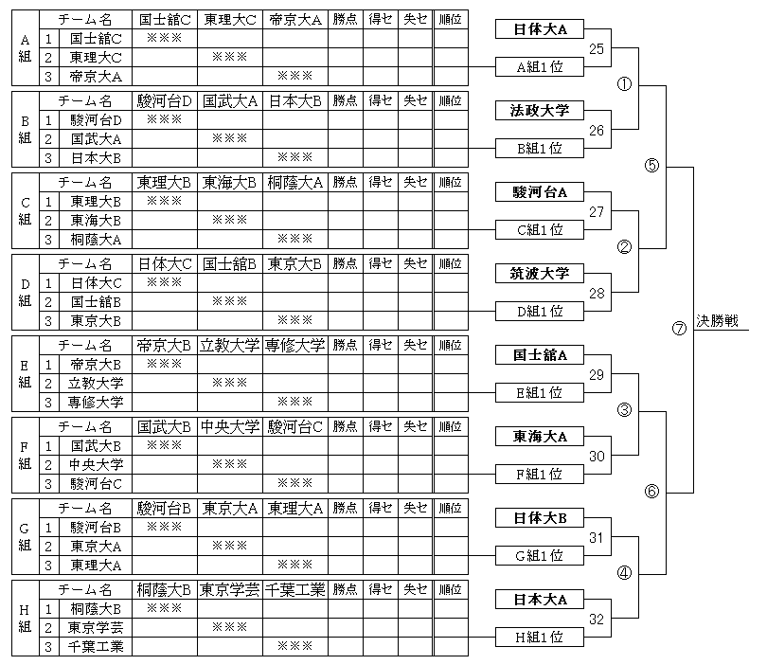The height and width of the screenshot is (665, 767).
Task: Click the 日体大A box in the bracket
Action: (x=540, y=28)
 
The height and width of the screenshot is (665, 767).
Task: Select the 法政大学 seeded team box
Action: (x=540, y=110)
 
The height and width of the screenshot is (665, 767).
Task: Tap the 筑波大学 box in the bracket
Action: (x=540, y=273)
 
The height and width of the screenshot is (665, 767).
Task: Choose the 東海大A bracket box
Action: (x=540, y=436)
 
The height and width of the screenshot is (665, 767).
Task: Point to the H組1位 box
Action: (x=540, y=638)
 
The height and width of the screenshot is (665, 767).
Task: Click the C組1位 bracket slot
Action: (x=540, y=229)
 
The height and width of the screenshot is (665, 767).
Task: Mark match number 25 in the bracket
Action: (x=597, y=49)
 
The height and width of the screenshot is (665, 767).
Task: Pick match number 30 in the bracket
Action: (x=597, y=456)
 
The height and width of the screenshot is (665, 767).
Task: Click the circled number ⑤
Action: (x=651, y=166)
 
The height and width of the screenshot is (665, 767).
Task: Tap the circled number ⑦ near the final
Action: (x=679, y=329)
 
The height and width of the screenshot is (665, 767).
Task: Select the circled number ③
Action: (x=624, y=409)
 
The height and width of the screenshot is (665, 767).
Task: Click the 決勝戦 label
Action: (x=717, y=321)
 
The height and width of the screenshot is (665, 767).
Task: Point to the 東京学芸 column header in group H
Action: (x=230, y=589)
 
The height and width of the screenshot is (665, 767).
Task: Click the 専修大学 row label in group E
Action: (x=96, y=403)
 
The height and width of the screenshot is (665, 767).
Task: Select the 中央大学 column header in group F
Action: (x=230, y=426)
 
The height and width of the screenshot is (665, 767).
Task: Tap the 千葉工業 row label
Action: (x=96, y=646)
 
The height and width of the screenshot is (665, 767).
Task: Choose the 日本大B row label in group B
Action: (x=96, y=158)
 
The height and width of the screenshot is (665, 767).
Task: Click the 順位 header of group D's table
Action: (x=451, y=263)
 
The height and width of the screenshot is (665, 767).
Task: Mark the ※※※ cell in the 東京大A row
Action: (x=230, y=546)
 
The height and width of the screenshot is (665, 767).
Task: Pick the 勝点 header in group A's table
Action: (x=345, y=19)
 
